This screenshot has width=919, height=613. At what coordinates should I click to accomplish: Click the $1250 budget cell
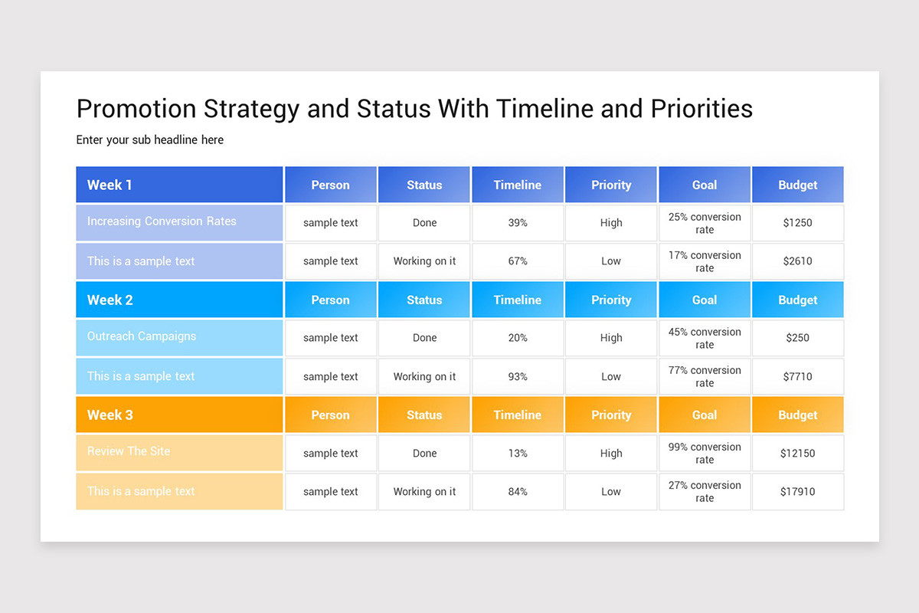797,223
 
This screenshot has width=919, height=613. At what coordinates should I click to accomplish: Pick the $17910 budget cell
797,491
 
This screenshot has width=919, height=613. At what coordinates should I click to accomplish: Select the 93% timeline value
518,376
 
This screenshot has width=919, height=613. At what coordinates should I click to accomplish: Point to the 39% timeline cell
518,223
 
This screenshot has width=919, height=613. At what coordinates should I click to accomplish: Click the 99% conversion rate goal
705,453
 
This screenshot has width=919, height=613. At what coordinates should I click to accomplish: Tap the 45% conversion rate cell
705,338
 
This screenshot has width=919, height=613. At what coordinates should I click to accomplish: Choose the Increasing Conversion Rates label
162,221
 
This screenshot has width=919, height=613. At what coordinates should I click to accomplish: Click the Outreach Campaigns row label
142,336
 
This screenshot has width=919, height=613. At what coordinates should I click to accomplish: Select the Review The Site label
129,451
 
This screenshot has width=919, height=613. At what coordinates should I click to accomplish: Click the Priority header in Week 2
611,300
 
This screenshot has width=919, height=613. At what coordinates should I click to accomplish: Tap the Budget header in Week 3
797,415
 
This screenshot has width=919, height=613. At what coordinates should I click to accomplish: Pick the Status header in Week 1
424,185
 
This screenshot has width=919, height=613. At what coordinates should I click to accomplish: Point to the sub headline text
150,139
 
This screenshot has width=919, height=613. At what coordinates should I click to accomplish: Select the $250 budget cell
797,338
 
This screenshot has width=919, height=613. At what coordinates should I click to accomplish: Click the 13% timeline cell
518,453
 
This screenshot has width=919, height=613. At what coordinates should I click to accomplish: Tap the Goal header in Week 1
705,185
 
